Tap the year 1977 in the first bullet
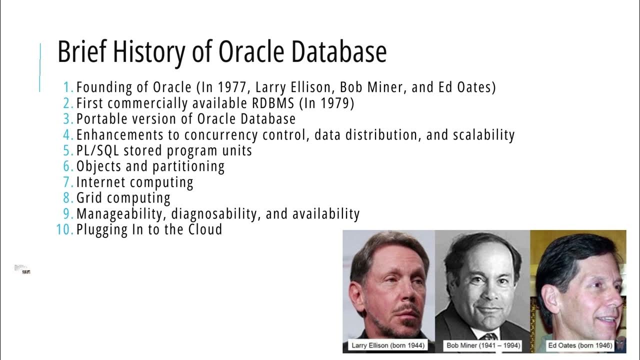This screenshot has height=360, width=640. click(234, 87)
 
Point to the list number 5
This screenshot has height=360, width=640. click(68, 150)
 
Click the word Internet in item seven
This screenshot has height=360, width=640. click(100, 182)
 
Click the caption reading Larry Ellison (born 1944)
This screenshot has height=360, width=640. click(388, 345)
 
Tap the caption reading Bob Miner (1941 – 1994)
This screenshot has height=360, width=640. click(482, 345)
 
